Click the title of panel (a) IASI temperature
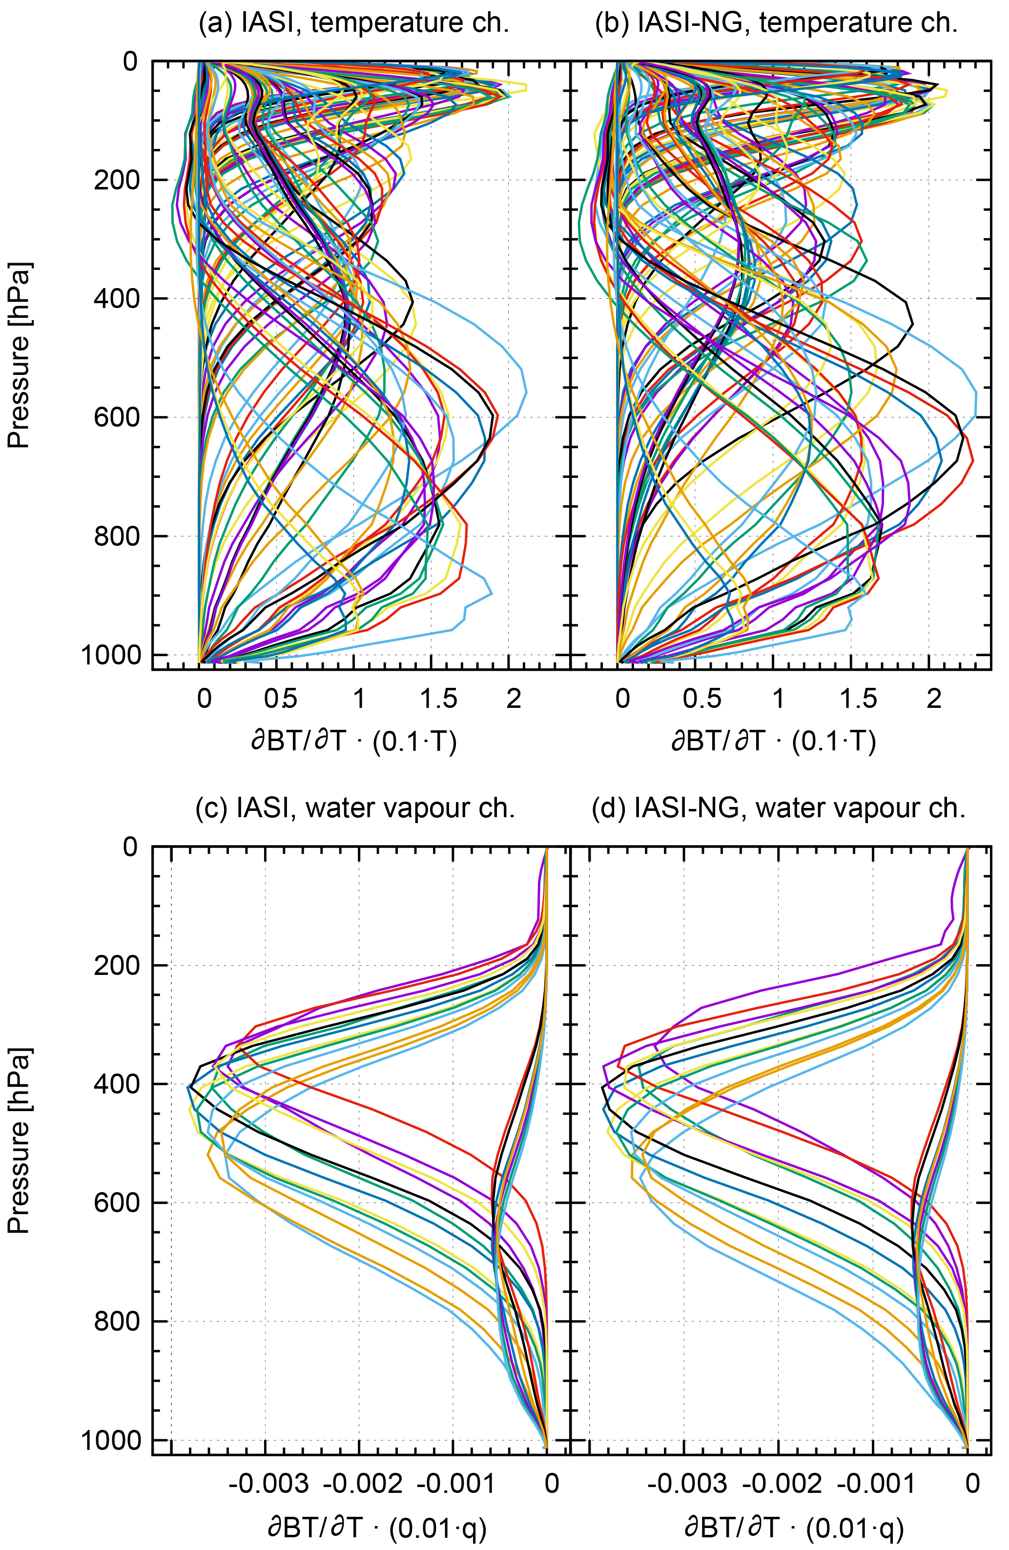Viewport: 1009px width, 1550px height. click(x=354, y=23)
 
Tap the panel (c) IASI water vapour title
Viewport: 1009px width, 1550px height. click(x=355, y=808)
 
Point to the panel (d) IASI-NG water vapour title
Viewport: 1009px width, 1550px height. click(x=779, y=808)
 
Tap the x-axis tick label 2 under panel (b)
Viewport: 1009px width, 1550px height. click(x=934, y=700)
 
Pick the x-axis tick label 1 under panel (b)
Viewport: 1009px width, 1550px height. click(x=779, y=700)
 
